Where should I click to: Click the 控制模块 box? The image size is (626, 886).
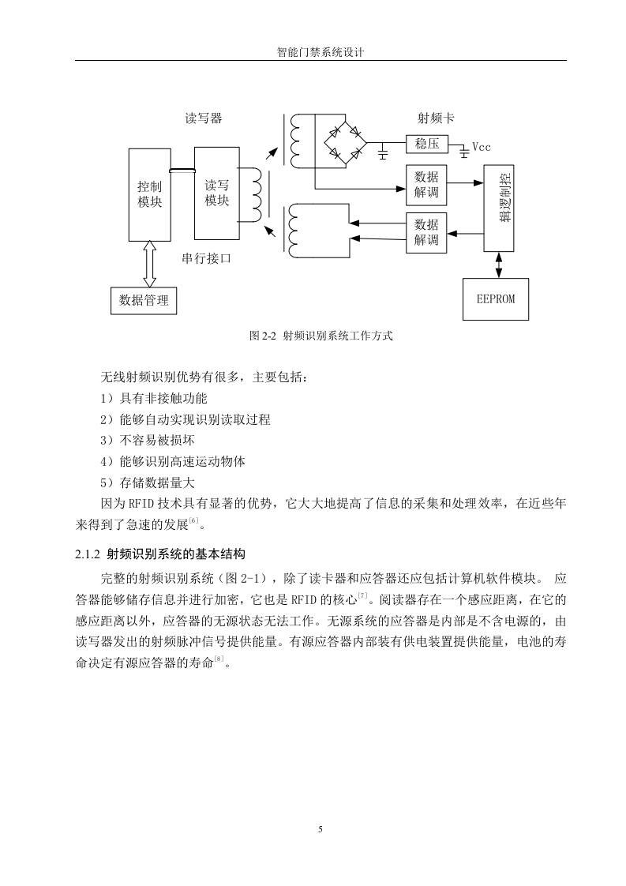click(x=150, y=195)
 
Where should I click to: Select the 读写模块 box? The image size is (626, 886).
click(x=216, y=193)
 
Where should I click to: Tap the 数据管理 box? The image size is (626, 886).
click(x=144, y=301)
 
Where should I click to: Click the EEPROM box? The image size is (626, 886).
click(x=496, y=299)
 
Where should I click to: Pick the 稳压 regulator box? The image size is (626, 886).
click(x=426, y=144)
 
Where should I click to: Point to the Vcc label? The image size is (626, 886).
click(x=482, y=147)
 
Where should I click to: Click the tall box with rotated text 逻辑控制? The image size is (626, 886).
click(x=499, y=208)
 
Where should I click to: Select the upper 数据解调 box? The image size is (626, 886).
click(x=426, y=185)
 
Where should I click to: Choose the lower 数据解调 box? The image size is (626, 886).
click(x=426, y=232)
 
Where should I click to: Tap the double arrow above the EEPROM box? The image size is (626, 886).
click(x=498, y=265)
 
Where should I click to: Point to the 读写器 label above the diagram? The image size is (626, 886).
click(x=204, y=118)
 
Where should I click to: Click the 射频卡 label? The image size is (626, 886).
click(x=436, y=118)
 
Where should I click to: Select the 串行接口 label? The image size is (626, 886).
click(x=206, y=258)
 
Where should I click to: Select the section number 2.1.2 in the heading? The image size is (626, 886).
click(x=88, y=554)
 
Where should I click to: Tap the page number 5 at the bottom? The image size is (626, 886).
click(x=320, y=829)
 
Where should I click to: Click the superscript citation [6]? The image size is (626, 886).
click(x=193, y=520)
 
